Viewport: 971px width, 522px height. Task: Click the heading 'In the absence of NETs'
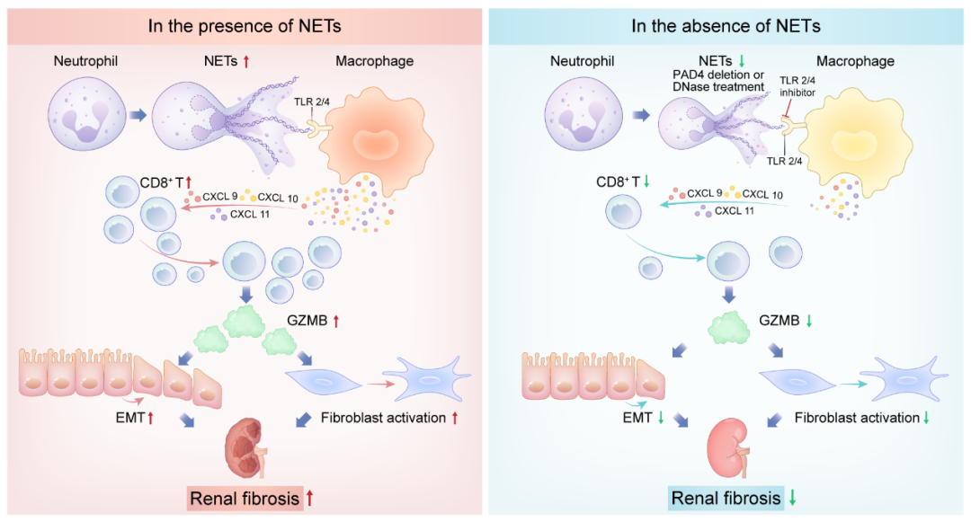click(726, 25)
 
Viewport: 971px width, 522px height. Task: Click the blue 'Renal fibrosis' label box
click(726, 497)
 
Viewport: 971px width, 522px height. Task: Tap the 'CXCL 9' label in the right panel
click(704, 192)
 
